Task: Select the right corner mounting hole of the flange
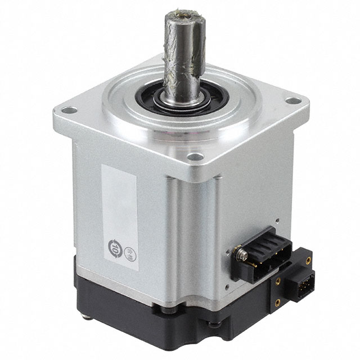tap(292, 101)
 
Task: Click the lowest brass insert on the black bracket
tap(277, 302)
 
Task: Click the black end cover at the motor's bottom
tap(169, 321)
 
